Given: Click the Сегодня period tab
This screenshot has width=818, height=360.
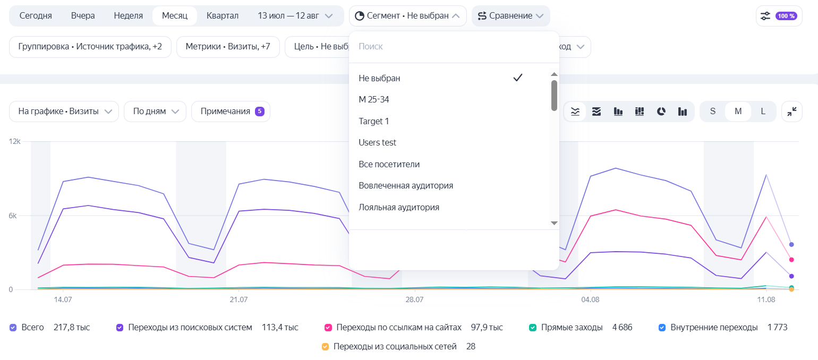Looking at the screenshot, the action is click(x=36, y=16).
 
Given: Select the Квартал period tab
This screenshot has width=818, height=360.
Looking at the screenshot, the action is click(x=223, y=16).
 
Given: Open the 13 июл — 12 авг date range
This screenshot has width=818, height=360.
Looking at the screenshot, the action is click(x=295, y=16).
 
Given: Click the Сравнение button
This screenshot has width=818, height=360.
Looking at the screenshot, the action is click(x=510, y=16).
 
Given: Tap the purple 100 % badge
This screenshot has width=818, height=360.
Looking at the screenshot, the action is click(x=786, y=16).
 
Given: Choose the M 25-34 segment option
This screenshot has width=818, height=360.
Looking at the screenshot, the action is click(x=374, y=99).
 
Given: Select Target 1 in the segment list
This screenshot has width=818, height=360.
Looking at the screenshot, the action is click(x=374, y=121).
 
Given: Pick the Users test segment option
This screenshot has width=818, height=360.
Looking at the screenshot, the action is click(x=377, y=142).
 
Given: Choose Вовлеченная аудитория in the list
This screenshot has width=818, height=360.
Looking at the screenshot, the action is click(x=406, y=185).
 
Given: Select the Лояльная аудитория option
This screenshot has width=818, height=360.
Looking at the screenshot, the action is click(x=399, y=208).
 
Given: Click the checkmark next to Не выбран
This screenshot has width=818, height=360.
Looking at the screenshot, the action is click(x=518, y=78).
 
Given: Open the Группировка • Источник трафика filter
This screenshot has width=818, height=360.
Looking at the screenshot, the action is click(x=90, y=47).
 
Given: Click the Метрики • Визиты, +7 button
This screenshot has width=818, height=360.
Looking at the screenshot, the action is click(x=228, y=47).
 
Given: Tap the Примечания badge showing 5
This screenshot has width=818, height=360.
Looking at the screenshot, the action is click(x=260, y=112).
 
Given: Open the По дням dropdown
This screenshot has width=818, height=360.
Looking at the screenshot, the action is click(x=155, y=112).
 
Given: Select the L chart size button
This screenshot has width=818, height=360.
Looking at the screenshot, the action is click(x=763, y=112).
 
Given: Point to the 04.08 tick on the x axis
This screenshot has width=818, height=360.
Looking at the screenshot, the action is click(x=590, y=300).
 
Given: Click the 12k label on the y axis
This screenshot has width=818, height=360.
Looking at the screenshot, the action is click(x=15, y=141).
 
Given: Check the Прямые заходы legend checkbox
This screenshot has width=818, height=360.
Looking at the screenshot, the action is click(x=533, y=328).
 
